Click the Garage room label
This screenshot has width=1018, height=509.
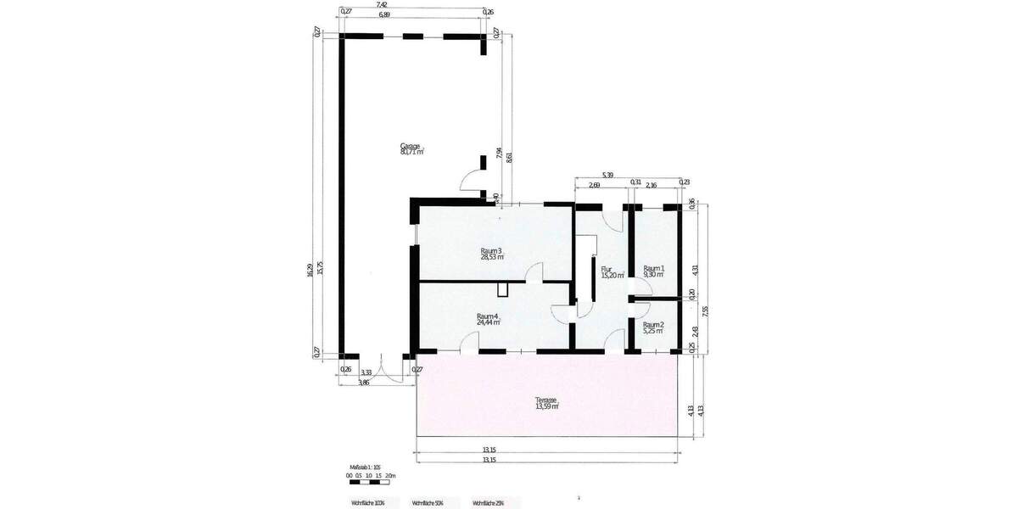(x=411, y=149)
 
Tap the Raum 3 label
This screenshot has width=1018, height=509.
(x=491, y=254)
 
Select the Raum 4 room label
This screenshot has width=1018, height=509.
(x=488, y=319)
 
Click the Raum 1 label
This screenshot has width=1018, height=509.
(x=653, y=271)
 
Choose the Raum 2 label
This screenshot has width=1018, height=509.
(x=652, y=327)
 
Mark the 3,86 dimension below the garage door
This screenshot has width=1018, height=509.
(x=364, y=383)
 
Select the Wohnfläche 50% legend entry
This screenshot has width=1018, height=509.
(x=427, y=502)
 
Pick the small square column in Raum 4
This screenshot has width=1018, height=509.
(x=502, y=289)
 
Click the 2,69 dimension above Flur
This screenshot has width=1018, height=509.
(x=593, y=184)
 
